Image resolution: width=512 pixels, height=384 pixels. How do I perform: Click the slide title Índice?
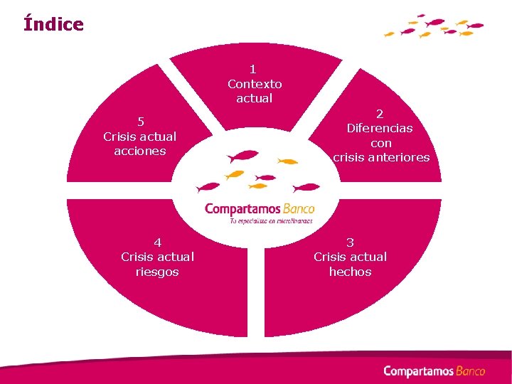point(53,24)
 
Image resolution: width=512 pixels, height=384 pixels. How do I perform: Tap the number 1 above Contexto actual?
point(253,69)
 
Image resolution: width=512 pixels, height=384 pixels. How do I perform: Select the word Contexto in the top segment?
point(255,84)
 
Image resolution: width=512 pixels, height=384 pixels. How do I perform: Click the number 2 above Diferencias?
point(380,113)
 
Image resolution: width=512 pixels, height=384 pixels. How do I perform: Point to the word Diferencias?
point(380,128)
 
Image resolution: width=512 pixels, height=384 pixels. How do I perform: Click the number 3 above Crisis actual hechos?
point(350,242)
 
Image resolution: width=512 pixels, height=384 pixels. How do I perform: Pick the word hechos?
point(350,272)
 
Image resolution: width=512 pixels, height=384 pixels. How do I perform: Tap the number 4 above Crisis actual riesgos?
point(157,242)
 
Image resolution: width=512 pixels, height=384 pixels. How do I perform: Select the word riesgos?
point(157,272)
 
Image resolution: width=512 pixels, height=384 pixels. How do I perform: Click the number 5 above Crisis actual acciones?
point(140,121)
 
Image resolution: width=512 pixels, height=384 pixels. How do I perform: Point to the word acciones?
point(139,151)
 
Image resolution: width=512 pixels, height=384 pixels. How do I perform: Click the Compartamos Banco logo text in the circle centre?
point(259,209)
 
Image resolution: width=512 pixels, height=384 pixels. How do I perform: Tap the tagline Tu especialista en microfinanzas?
point(270,221)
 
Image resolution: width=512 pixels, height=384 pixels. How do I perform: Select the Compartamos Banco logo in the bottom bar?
point(434,370)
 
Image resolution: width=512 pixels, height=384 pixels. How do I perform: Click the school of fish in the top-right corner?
point(434,26)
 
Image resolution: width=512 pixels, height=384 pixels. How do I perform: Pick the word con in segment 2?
point(381,143)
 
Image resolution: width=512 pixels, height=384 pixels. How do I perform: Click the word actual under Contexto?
point(255,98)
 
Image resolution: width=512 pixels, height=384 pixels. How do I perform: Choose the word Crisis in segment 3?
point(330,257)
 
